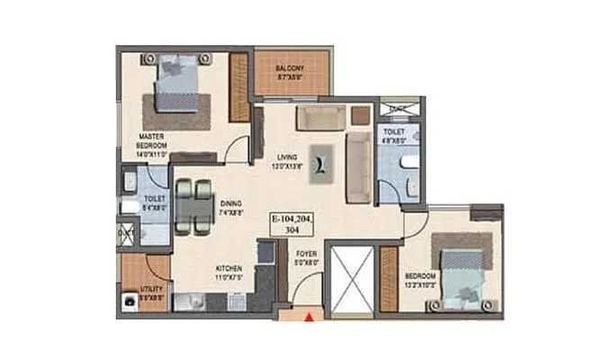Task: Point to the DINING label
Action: point(232,209)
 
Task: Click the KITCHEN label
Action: point(228,273)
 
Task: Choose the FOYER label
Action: point(308,259)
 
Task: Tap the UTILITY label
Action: point(150,292)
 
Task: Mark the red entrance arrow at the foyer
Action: point(309,316)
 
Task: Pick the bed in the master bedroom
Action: point(177,86)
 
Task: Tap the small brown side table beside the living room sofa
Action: point(360,115)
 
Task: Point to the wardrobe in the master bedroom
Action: point(239,87)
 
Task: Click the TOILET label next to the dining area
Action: point(153,199)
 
